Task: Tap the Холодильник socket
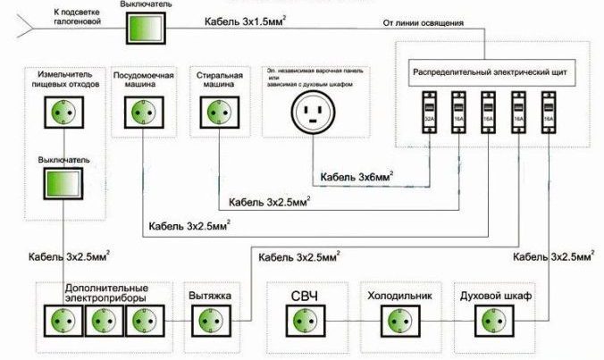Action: [x=394, y=319]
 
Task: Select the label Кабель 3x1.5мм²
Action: [x=255, y=22]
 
